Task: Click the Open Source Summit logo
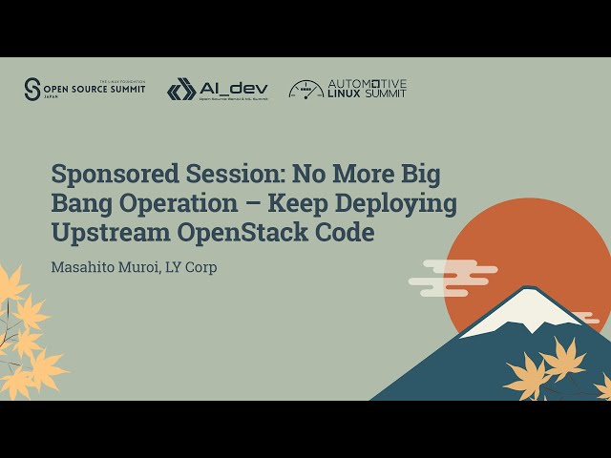click(x=85, y=89)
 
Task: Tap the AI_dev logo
click(x=218, y=90)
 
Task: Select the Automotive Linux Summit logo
click(x=348, y=89)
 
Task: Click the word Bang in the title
click(x=77, y=204)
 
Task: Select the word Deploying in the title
click(x=402, y=204)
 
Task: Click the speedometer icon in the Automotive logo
click(x=305, y=89)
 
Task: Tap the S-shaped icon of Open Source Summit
click(x=32, y=89)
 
